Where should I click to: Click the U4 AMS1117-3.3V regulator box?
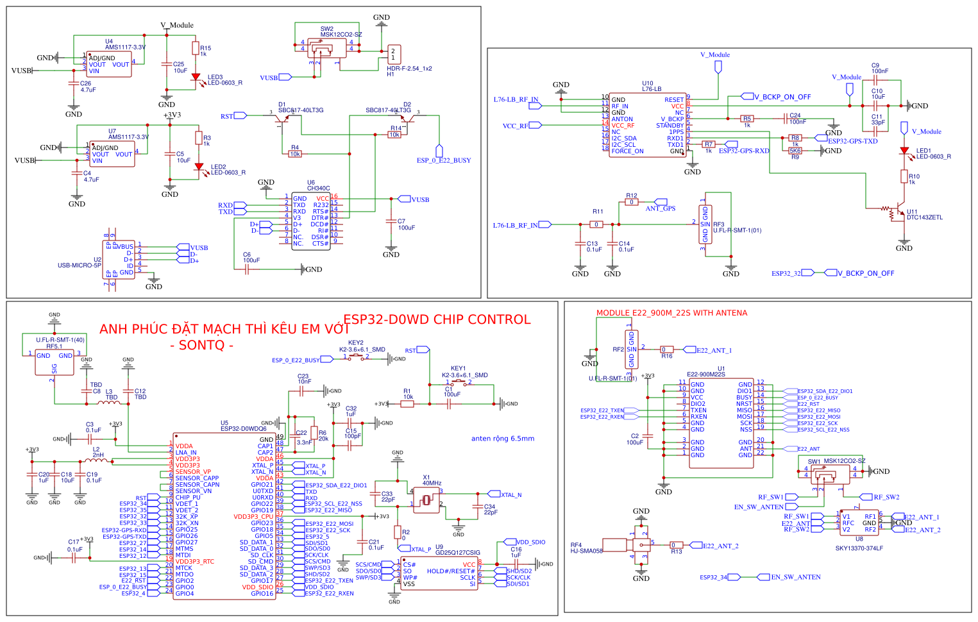[109, 65]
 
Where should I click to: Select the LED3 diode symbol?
[196, 77]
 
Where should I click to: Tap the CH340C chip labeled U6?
[311, 221]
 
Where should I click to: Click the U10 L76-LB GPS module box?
[648, 125]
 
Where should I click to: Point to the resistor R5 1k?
[746, 119]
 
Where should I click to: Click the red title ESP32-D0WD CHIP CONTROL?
[437, 319]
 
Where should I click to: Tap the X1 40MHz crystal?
[426, 500]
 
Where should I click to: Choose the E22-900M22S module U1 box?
[721, 423]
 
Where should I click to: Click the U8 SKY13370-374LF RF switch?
[859, 523]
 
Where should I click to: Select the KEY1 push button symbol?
[458, 383]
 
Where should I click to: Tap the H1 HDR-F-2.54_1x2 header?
[394, 55]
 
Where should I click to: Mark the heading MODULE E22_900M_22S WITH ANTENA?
[671, 313]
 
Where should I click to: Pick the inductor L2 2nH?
[96, 460]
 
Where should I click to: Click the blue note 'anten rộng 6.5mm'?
[502, 439]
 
